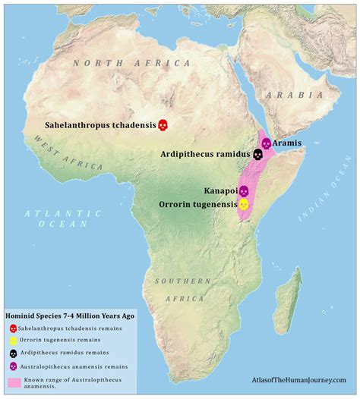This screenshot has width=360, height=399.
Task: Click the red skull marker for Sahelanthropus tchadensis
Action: point(162,124)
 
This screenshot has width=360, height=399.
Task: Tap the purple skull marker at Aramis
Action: point(266,143)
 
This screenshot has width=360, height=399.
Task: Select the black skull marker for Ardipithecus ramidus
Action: point(257,154)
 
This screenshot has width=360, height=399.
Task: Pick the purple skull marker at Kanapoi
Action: point(244,190)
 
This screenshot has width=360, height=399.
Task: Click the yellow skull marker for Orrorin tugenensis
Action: point(244,204)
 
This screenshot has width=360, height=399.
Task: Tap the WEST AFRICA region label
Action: point(71,156)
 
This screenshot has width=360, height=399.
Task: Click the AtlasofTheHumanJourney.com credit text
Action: point(298,379)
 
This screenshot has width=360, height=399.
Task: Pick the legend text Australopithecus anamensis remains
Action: point(65,366)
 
